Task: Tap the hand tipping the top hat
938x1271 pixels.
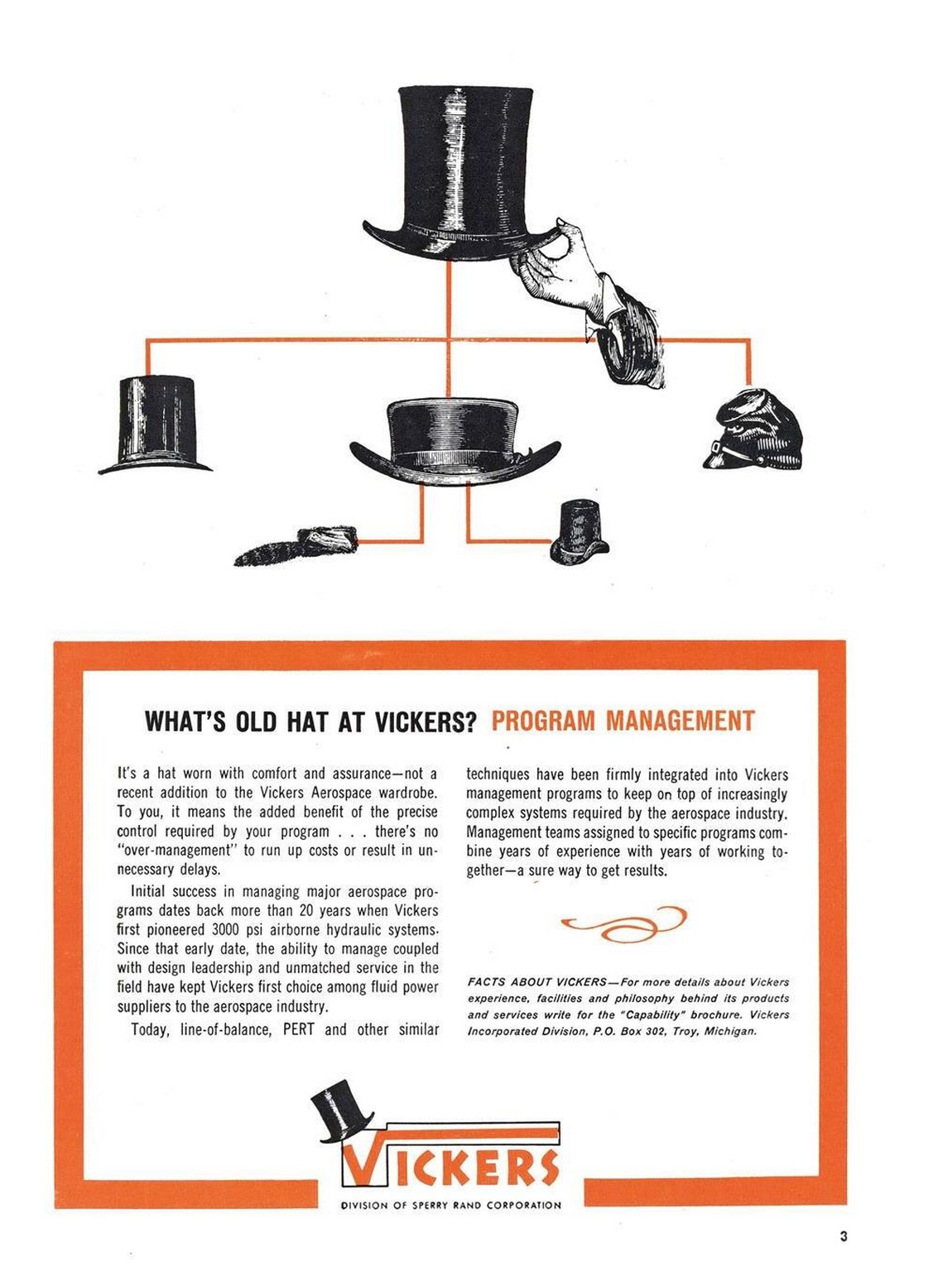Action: click(590, 300)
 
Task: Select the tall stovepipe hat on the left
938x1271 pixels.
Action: click(156, 424)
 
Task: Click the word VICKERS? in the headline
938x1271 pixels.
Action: click(424, 722)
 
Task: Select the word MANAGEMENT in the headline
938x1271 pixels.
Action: click(681, 721)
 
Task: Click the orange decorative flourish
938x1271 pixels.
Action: click(623, 923)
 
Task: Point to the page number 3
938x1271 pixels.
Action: click(844, 1235)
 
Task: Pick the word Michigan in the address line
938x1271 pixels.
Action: click(730, 1031)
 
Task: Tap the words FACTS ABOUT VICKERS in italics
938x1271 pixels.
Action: click(537, 981)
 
